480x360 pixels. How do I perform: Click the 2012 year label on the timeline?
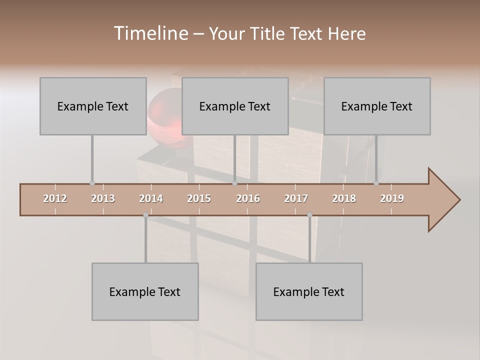55,198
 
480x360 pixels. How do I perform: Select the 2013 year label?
103,198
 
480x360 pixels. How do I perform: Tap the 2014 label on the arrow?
151,198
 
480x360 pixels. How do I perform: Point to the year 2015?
199,198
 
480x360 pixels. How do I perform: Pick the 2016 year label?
248,198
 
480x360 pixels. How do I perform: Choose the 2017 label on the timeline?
296,198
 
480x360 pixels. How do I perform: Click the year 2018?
344,198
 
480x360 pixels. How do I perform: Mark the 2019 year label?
392,198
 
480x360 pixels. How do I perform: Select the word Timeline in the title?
150,33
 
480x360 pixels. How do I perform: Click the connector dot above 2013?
92,183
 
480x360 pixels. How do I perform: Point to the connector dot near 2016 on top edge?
234,183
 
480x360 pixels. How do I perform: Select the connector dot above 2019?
376,183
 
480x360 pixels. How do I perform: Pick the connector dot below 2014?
145,215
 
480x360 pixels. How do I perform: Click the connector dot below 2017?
309,215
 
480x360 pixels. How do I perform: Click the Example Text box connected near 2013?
93,106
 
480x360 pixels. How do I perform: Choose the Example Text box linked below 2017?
309,291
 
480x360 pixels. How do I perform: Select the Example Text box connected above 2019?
377,106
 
